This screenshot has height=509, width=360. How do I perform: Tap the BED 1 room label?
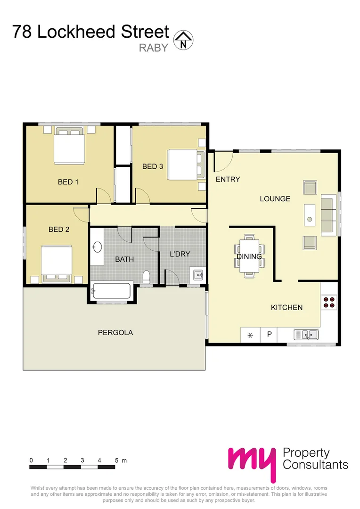68,182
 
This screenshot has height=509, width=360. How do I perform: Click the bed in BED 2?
57,263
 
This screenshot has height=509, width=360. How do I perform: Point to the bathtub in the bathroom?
112,291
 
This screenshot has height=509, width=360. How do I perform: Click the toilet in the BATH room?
146,277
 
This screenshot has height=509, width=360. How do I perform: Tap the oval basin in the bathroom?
97,247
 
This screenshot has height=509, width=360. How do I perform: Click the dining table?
249,256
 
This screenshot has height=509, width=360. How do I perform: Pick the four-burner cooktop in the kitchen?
329,302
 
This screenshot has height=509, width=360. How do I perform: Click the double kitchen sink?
306,335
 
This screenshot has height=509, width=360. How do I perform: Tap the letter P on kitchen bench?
270,335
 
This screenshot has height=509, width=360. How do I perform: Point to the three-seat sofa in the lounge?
328,215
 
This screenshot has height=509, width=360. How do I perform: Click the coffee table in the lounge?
310,215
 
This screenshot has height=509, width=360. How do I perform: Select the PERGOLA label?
115,332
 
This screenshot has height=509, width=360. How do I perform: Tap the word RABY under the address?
154,47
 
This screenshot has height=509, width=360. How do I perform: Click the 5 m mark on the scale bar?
115,460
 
